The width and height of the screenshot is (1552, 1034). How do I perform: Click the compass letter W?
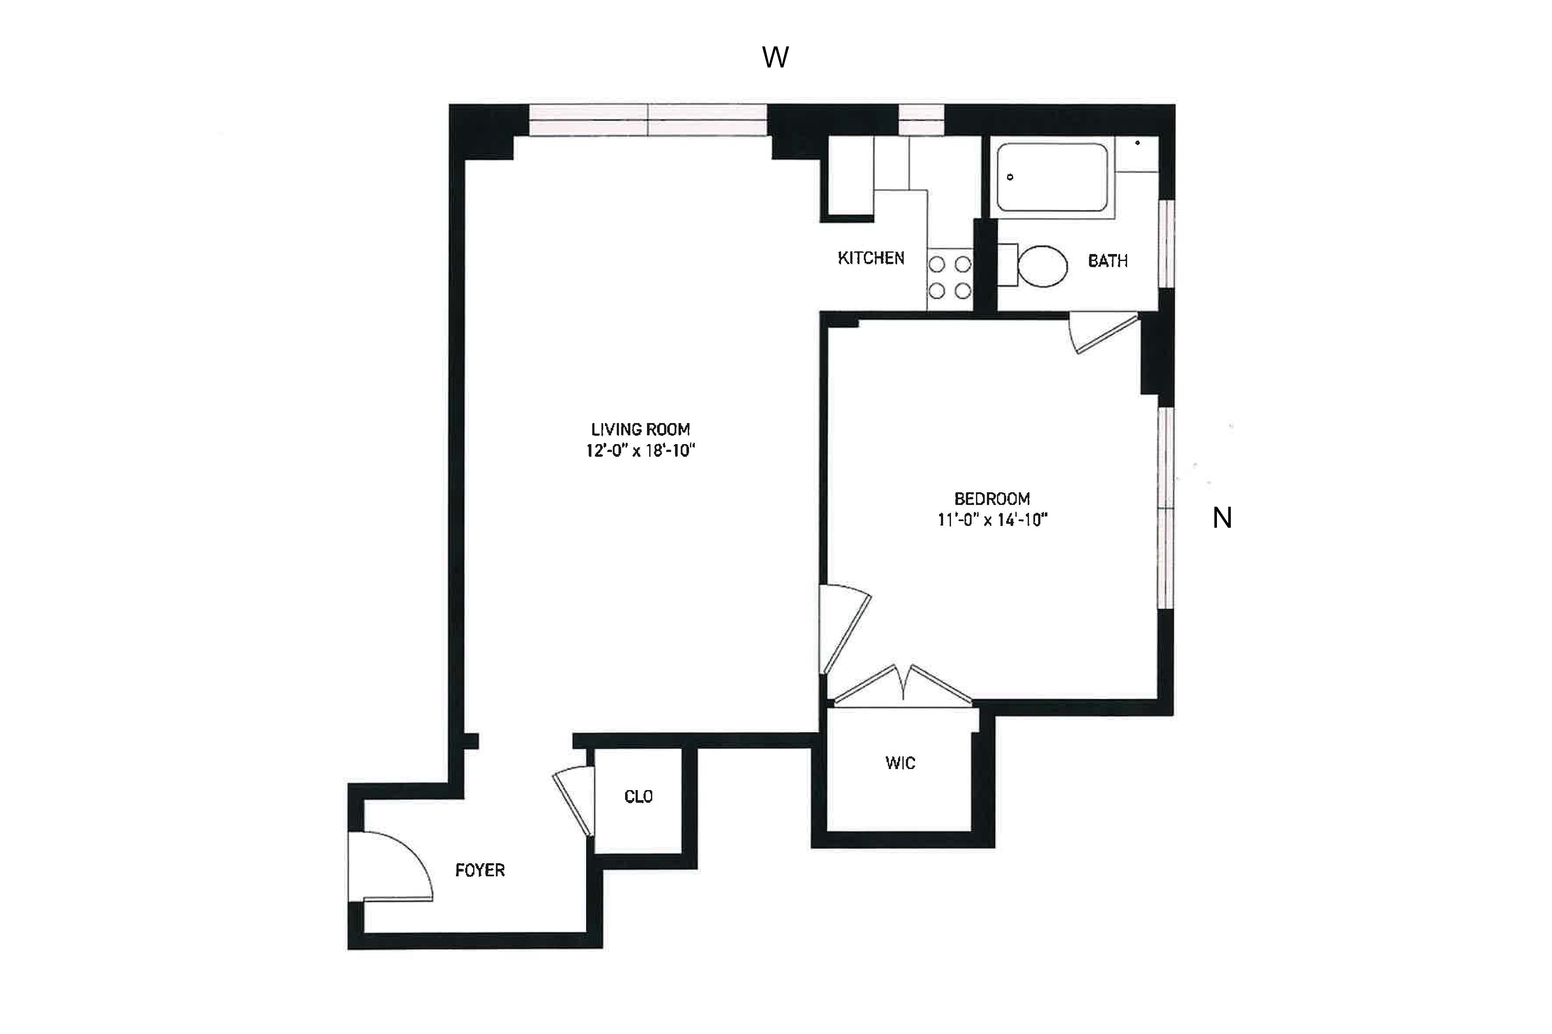tap(774, 58)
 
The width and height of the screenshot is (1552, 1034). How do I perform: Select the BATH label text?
tap(1107, 261)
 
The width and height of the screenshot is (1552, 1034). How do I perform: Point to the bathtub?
tap(1052, 177)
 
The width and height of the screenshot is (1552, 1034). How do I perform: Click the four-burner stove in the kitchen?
tap(949, 278)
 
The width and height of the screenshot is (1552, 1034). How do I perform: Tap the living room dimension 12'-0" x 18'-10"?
tap(640, 451)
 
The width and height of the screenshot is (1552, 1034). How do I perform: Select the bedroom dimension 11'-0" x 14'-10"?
tap(992, 520)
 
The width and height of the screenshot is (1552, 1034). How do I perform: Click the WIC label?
tap(900, 763)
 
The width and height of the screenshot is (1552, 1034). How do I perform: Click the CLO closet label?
tap(638, 797)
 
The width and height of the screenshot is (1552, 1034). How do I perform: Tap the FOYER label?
tap(480, 871)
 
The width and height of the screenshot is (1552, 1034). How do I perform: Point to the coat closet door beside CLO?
tap(573, 801)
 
